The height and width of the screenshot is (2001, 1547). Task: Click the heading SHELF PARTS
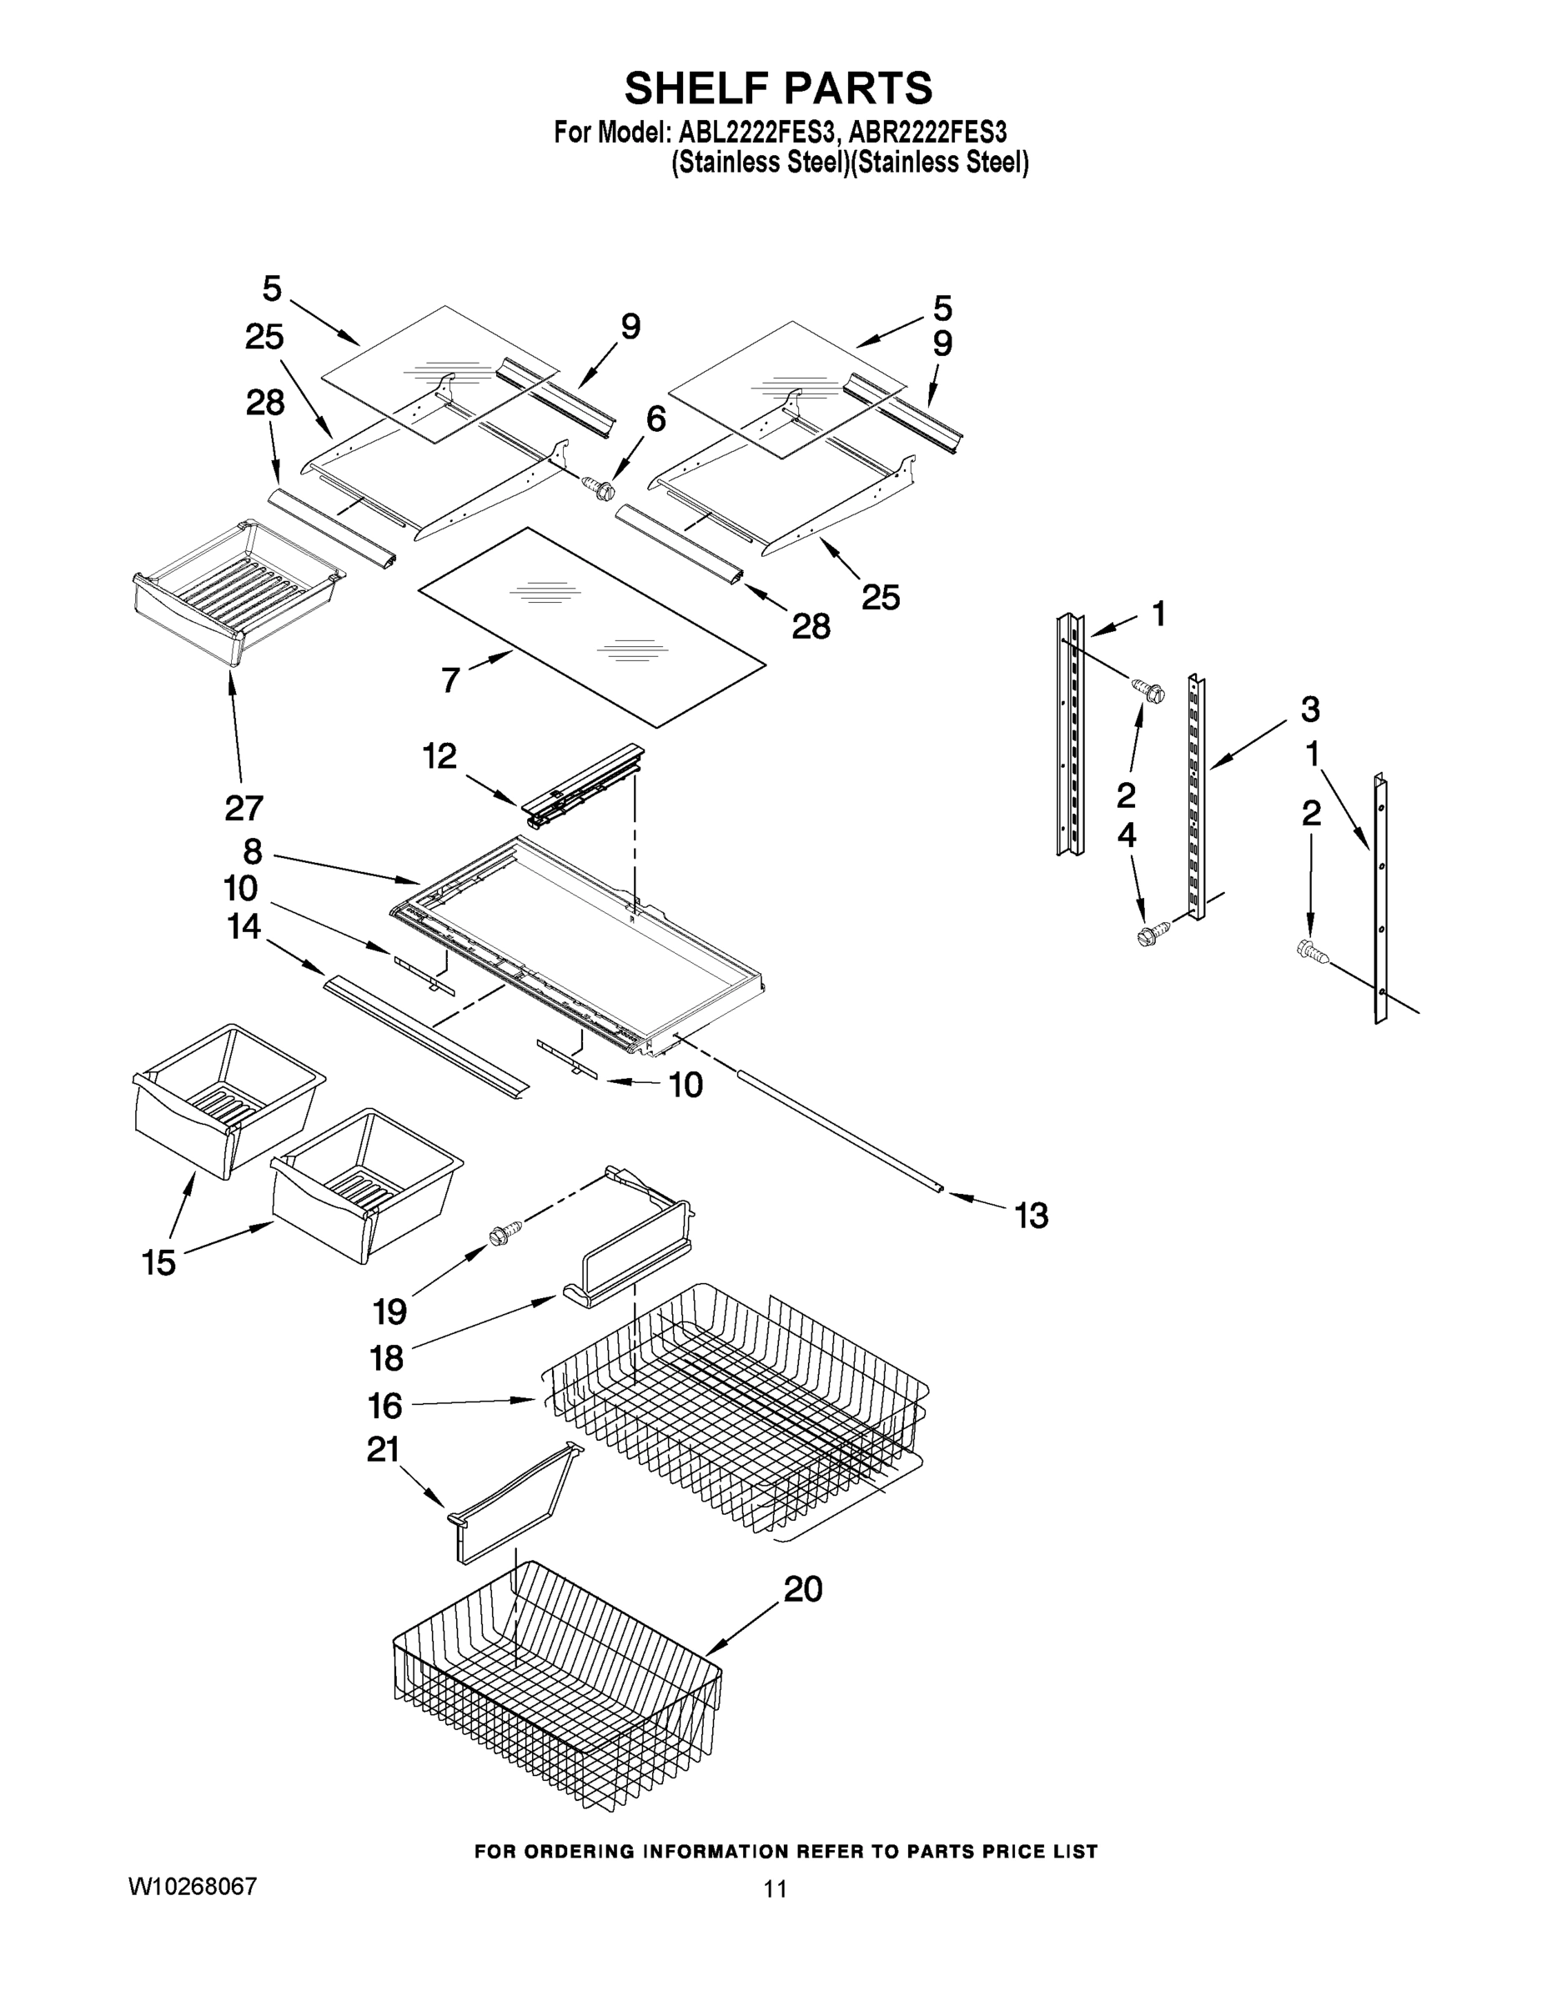pos(778,89)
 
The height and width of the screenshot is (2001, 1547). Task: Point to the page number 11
pos(776,1888)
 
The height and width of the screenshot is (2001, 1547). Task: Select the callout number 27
pos(244,807)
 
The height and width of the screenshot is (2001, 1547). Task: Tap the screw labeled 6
pos(602,489)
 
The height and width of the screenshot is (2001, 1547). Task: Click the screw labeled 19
pos(506,1235)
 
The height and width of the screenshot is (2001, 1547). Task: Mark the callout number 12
pos(439,757)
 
